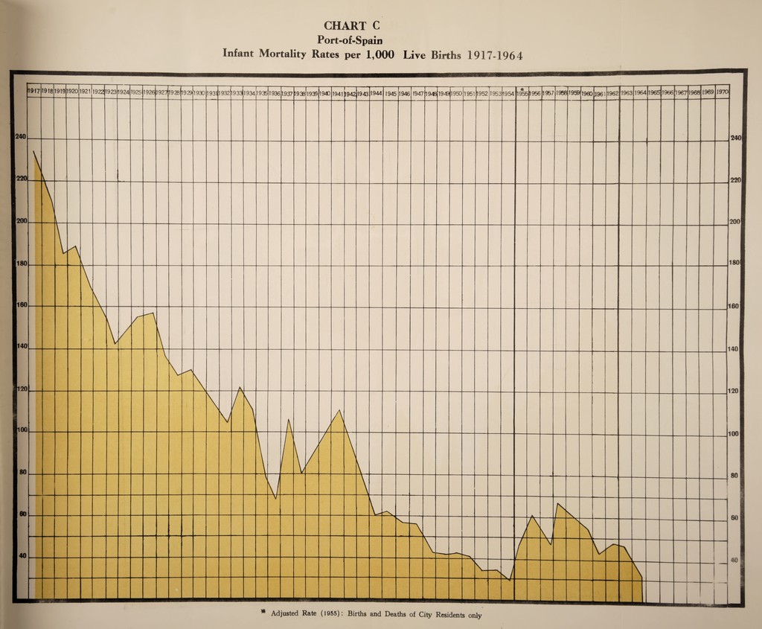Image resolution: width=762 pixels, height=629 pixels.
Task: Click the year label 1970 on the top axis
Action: coord(722,92)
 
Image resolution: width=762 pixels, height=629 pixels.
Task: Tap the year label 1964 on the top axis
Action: coord(640,93)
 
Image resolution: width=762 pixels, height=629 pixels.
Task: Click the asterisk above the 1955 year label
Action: coord(523,89)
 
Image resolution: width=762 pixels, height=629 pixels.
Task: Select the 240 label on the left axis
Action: coord(20,137)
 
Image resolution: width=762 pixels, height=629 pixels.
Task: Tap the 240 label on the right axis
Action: coord(737,138)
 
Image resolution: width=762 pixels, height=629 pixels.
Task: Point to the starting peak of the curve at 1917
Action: coord(33,151)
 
